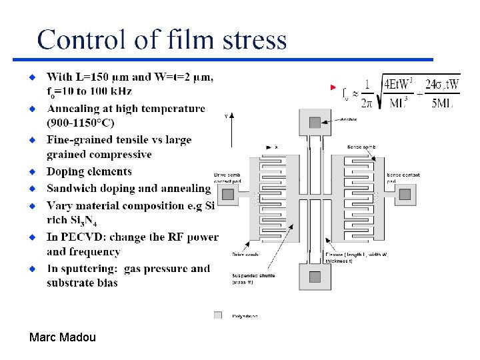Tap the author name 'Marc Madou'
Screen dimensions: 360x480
(63, 337)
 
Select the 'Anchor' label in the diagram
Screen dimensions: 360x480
(349, 120)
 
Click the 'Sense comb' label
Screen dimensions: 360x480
(361, 147)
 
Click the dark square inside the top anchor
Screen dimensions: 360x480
(315, 123)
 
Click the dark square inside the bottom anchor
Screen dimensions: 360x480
(315, 277)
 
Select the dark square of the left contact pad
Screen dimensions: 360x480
(228, 194)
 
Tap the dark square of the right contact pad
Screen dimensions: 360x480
(405, 194)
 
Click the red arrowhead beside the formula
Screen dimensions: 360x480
(335, 88)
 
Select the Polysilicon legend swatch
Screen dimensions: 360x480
(217, 315)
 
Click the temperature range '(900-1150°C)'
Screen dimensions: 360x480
(80, 123)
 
